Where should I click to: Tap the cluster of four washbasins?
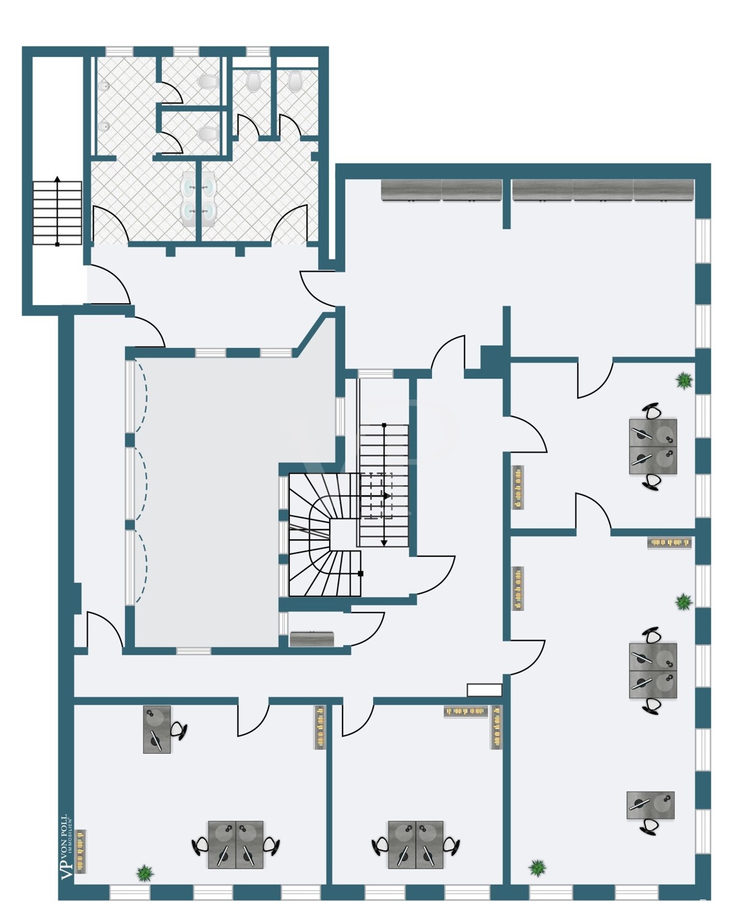coord(199,199)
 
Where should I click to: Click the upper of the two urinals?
coord(104,86)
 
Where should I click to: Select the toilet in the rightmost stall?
coord(294,81)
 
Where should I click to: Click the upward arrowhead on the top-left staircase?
coord(58,178)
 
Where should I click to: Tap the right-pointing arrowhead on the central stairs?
coord(387,496)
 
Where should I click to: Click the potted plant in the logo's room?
coord(145,872)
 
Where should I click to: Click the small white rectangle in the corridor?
coord(484,690)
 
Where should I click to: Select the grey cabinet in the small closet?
coord(312,638)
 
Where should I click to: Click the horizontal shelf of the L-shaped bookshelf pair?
coord(466,711)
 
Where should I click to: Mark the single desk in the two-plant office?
coord(650,805)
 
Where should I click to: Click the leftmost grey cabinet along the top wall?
coord(411,190)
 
